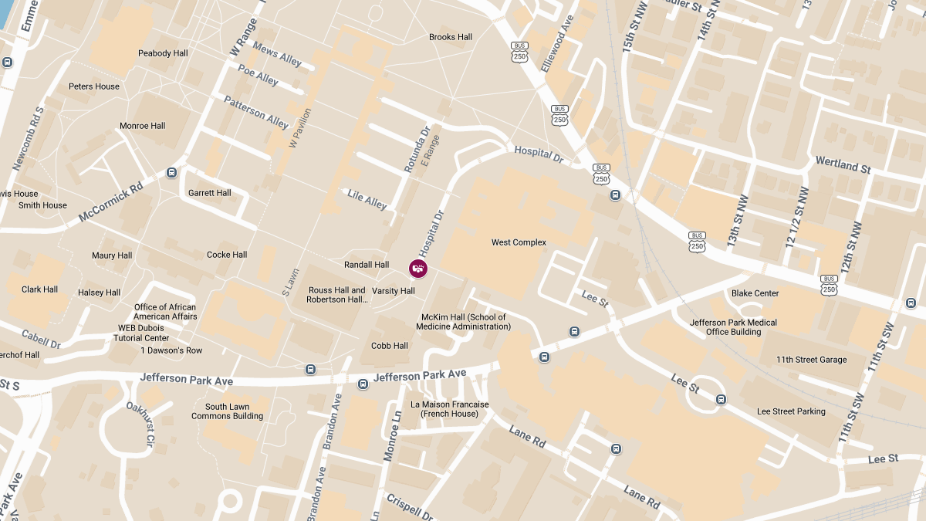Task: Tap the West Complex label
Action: coord(519,242)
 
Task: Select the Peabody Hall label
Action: coord(163,53)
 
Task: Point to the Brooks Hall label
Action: coord(451,37)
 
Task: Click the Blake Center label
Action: coord(755,293)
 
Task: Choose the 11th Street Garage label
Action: coord(811,360)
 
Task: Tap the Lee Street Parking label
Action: coord(791,411)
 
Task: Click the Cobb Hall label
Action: coord(390,346)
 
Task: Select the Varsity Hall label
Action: coord(394,291)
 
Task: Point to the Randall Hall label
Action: coord(367,265)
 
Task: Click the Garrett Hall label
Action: coord(210,193)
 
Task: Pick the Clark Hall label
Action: coord(40,289)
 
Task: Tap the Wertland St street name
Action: coord(843,164)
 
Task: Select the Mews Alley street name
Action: coord(277,53)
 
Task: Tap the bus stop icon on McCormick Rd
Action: coord(171,173)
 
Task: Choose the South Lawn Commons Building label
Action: coord(228,411)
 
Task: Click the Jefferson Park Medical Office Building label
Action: coord(733,327)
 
